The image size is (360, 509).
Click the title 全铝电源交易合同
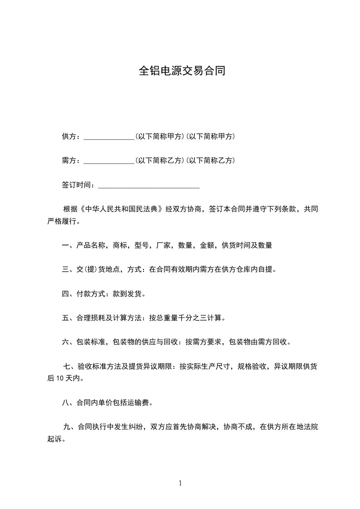[x=182, y=72]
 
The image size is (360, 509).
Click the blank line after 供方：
[x=109, y=137]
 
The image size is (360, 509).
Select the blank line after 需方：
[x=109, y=161]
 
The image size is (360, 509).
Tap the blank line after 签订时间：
[x=149, y=186]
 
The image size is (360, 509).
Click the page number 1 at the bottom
[x=180, y=483]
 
